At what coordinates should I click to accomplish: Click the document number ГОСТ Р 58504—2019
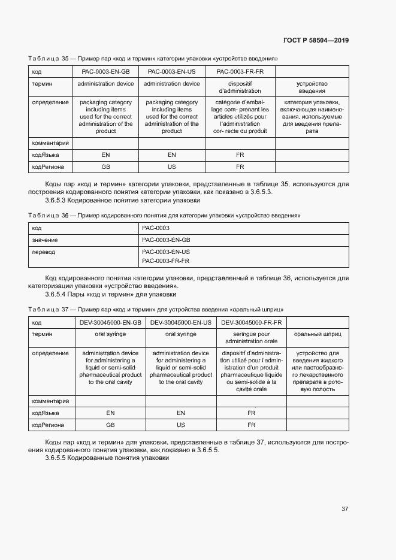(x=316, y=41)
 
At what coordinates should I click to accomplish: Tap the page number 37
(x=344, y=509)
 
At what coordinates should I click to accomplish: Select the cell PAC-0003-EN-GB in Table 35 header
(x=105, y=72)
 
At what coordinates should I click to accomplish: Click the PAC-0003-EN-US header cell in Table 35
(x=172, y=72)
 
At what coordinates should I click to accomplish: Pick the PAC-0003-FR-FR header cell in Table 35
(x=240, y=72)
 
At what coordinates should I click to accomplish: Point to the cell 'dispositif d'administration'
(x=240, y=87)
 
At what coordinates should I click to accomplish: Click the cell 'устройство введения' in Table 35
(x=312, y=87)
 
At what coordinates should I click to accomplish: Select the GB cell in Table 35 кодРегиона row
(x=105, y=167)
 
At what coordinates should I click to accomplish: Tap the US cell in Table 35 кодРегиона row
(x=172, y=167)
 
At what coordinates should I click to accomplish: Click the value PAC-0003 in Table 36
(x=156, y=228)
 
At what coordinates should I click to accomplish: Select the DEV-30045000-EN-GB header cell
(x=110, y=322)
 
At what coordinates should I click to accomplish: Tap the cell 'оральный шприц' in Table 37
(x=317, y=334)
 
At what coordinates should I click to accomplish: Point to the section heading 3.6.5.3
(x=122, y=201)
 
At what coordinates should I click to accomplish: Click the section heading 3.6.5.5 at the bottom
(x=107, y=458)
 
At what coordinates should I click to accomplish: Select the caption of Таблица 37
(x=156, y=309)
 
